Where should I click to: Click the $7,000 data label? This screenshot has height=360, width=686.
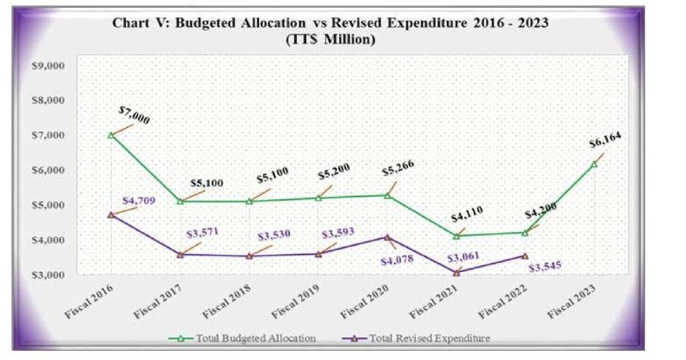coord(134,115)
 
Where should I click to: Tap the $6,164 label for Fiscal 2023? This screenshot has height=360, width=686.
coord(604,144)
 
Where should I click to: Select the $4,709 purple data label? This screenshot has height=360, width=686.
coord(139,201)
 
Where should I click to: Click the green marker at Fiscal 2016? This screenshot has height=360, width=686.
coord(111,135)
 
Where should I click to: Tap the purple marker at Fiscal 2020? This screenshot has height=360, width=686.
coord(387,237)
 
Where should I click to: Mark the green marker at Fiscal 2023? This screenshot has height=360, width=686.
coord(594,164)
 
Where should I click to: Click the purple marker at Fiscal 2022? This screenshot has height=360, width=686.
coord(525,255)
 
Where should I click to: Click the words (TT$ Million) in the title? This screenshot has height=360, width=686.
coord(331,40)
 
